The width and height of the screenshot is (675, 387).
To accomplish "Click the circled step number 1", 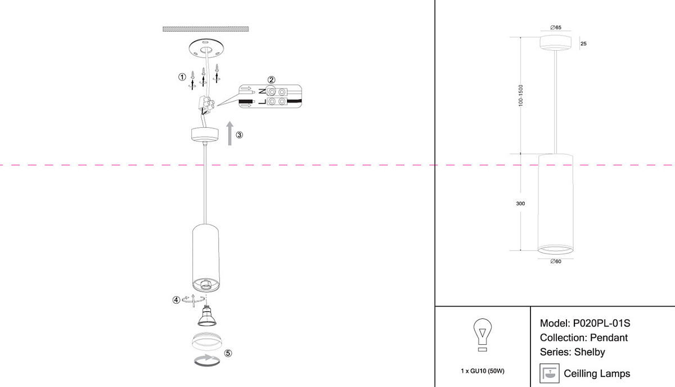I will pyautogui.click(x=182, y=77).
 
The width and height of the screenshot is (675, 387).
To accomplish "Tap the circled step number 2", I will pyautogui.click(x=271, y=80).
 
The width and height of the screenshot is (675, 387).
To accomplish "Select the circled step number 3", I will pyautogui.click(x=240, y=135).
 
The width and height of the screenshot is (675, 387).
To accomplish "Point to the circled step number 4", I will pyautogui.click(x=176, y=300).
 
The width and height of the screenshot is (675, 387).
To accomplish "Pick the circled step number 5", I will pyautogui.click(x=228, y=353).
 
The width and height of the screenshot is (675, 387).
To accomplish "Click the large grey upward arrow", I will pyautogui.click(x=229, y=133).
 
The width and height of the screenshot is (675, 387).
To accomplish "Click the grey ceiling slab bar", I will pyautogui.click(x=206, y=29).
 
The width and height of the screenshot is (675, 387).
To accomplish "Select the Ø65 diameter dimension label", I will pyautogui.click(x=555, y=28).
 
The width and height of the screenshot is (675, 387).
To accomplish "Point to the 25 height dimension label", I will pyautogui.click(x=583, y=44).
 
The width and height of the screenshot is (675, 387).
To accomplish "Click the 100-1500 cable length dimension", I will pyautogui.click(x=521, y=96).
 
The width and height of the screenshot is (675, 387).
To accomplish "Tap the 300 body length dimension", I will pyautogui.click(x=520, y=203).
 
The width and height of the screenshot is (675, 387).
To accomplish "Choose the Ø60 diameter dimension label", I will pyautogui.click(x=555, y=261).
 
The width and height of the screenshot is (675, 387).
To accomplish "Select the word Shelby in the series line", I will pyautogui.click(x=589, y=352).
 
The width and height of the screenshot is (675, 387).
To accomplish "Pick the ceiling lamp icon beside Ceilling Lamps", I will pyautogui.click(x=548, y=373).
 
